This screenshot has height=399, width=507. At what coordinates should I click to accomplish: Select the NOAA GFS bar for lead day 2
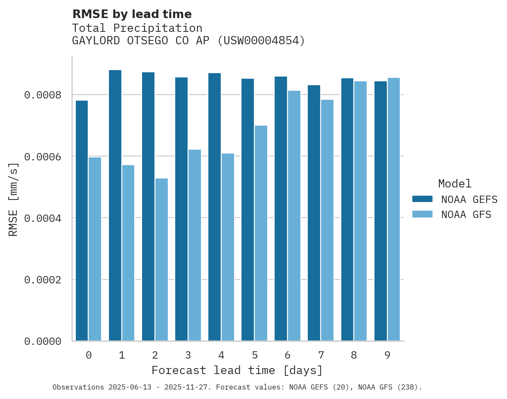pyautogui.click(x=161, y=260)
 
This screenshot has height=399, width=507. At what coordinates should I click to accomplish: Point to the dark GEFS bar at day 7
pyautogui.click(x=314, y=213)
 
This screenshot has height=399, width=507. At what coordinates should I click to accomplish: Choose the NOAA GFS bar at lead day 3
pyautogui.click(x=195, y=245)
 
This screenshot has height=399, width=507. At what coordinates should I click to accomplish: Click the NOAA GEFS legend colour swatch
pyautogui.click(x=422, y=199)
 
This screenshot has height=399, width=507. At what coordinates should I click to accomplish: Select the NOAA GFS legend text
pyautogui.click(x=466, y=215)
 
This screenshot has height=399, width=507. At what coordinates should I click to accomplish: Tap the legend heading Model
pyautogui.click(x=455, y=184)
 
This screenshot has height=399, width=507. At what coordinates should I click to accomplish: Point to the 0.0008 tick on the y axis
pyautogui.click(x=43, y=95)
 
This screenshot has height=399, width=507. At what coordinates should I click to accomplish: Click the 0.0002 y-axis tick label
pyautogui.click(x=43, y=280)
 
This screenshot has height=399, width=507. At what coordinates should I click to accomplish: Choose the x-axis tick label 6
pyautogui.click(x=288, y=355)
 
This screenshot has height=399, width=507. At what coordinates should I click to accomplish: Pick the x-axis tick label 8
pyautogui.click(x=354, y=355)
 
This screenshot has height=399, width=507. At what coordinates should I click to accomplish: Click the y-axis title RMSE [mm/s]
pyautogui.click(x=13, y=199)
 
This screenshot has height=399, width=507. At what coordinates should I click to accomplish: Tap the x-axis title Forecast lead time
pyautogui.click(x=237, y=370)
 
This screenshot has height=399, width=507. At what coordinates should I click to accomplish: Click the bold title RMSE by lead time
pyautogui.click(x=132, y=14)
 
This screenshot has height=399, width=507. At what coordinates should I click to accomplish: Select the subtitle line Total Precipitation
pyautogui.click(x=137, y=28)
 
